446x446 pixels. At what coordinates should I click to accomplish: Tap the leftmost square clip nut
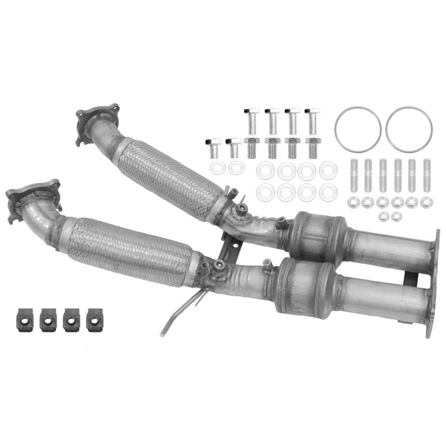pyautogui.click(x=25, y=320)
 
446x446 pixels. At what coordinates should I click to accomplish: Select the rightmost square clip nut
pyautogui.click(x=95, y=320)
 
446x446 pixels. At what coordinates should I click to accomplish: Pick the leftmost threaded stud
pyautogui.click(x=354, y=175)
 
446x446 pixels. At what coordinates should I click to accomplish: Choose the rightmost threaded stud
pyautogui.click(x=426, y=175)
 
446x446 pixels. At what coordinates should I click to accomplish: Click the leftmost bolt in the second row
pyautogui.click(x=213, y=147)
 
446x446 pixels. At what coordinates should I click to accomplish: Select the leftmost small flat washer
pyautogui.click(x=217, y=168)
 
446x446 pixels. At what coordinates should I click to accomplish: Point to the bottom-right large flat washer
pyautogui.click(x=328, y=192)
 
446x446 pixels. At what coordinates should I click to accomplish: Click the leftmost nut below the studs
pyautogui.click(x=354, y=202)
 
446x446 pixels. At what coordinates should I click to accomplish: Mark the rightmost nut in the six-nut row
pyautogui.click(x=426, y=202)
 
